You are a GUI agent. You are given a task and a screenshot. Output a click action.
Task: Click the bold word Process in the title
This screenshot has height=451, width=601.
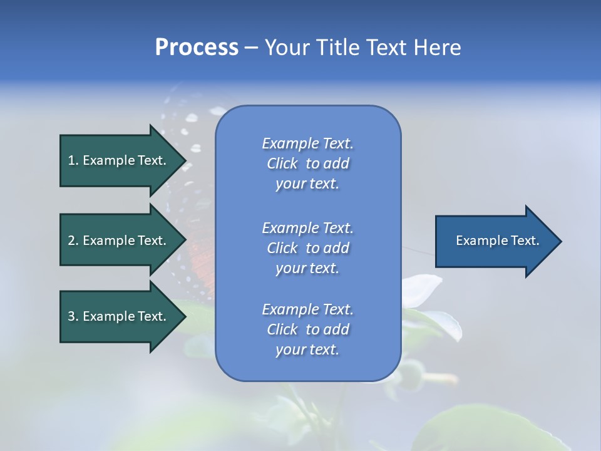click(197, 48)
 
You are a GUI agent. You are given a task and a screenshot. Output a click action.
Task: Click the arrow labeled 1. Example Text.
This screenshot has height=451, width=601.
click(119, 160)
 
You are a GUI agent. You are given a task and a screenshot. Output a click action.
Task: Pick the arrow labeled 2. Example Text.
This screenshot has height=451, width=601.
click(119, 241)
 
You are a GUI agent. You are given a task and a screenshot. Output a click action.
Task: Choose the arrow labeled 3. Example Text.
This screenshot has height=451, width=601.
click(119, 316)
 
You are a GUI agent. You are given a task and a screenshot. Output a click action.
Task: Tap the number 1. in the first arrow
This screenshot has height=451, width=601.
click(73, 160)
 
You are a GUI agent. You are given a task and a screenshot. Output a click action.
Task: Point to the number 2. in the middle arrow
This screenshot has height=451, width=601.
click(73, 241)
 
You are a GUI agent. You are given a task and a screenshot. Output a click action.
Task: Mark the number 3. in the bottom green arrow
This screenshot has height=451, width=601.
click(73, 316)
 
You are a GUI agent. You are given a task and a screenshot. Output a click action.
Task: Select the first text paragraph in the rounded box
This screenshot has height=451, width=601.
click(307, 163)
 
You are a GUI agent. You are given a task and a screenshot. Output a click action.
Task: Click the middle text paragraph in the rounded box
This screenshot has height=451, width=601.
click(307, 247)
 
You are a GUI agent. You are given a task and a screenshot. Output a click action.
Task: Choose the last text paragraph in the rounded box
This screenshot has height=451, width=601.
click(307, 329)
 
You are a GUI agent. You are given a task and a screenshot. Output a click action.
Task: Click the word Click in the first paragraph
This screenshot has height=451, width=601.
click(282, 164)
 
